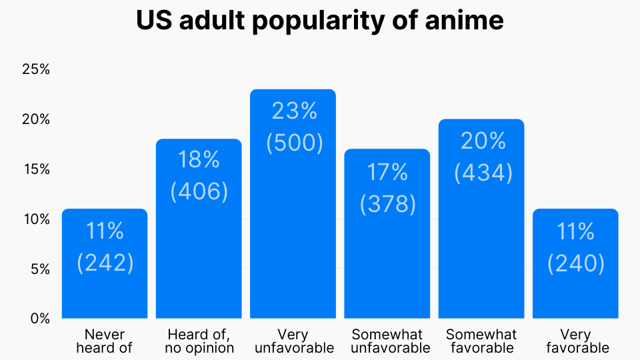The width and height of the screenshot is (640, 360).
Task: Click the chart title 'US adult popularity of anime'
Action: point(320,21)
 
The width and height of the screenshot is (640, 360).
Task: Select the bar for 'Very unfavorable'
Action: point(293,220)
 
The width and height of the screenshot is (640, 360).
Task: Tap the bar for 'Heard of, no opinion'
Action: point(199,253)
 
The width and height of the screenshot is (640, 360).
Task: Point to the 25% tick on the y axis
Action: point(36,69)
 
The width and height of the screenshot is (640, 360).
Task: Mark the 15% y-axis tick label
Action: point(36,169)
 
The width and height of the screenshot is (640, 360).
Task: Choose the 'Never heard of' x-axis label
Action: point(105,341)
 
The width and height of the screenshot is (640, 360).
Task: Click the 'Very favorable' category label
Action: point(576,341)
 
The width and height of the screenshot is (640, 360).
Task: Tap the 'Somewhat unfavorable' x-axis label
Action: point(387,341)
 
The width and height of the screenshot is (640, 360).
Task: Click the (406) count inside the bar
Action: point(199,192)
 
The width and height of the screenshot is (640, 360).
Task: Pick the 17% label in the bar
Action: point(387,172)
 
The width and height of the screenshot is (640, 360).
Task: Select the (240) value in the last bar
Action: point(576,264)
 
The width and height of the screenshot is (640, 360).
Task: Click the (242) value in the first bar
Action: point(105,263)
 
